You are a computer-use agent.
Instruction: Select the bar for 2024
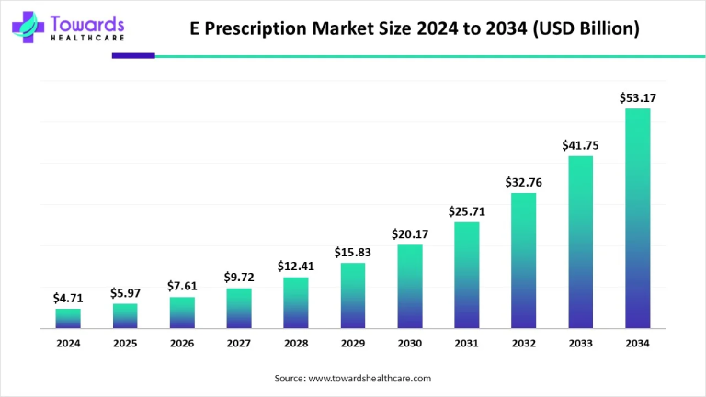(x=68, y=318)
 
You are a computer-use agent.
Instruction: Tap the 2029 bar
(x=353, y=296)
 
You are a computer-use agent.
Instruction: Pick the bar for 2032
(x=524, y=261)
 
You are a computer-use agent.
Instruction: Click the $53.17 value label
(x=638, y=97)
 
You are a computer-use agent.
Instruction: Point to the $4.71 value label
(x=68, y=297)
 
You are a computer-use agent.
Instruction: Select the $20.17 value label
(x=410, y=233)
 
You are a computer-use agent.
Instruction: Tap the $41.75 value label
(x=581, y=145)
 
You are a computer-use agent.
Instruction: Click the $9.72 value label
(x=239, y=277)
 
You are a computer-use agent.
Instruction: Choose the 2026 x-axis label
(x=182, y=344)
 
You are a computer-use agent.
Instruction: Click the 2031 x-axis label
(x=467, y=344)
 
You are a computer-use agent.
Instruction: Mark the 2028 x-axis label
(x=296, y=344)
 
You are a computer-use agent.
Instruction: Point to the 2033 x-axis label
(x=581, y=344)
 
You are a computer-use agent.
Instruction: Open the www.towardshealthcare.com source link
(x=369, y=378)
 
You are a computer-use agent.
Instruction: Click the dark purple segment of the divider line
(x=133, y=56)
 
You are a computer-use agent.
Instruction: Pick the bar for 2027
(x=239, y=308)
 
